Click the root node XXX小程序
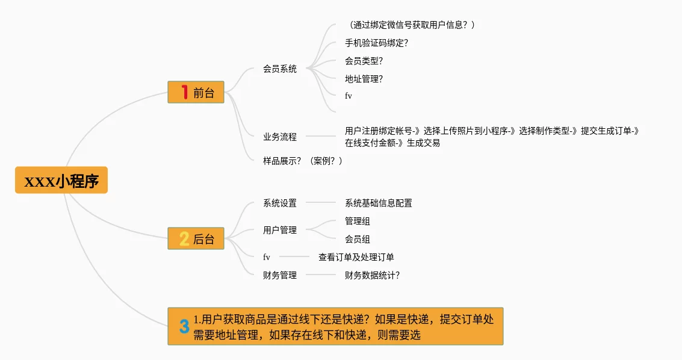[61, 180]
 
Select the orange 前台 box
[196, 93]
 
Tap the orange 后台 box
[196, 239]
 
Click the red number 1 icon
[185, 93]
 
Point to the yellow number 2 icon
[184, 239]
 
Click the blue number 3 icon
[184, 326]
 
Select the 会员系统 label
[280, 69]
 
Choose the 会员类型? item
[364, 61]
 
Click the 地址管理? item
[364, 78]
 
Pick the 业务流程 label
[280, 137]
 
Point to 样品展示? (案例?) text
[303, 161]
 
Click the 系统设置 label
[280, 203]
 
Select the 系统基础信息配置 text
[379, 203]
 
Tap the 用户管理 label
[280, 229]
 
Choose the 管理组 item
[358, 221]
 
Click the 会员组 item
[358, 239]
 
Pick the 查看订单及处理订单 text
[356, 257]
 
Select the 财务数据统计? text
[372, 275]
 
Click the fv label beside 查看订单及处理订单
[267, 257]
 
